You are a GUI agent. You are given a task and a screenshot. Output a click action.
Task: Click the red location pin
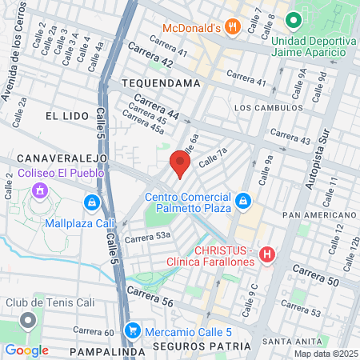point(179,164)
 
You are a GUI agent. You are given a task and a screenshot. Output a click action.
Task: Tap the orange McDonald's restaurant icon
point(233,27)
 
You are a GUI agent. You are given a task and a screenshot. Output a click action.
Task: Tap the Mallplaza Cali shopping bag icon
point(94,202)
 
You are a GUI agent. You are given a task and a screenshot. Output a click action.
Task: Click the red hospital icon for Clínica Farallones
point(267,255)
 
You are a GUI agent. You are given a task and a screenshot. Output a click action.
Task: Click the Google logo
point(26,350)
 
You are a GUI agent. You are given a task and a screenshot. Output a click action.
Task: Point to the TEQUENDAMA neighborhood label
point(158,82)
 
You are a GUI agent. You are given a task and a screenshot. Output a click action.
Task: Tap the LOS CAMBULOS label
point(268,107)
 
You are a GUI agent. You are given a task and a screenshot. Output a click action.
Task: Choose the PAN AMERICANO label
point(318,215)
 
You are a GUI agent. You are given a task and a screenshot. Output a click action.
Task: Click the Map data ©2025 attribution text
point(324,354)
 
